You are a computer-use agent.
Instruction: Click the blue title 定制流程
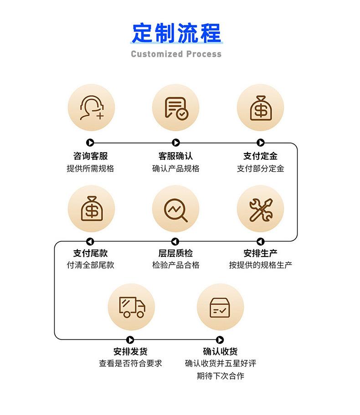click(176, 33)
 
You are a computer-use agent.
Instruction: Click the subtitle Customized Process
click(176, 54)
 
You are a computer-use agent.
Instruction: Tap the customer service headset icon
click(91, 108)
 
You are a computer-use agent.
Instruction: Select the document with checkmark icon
click(175, 108)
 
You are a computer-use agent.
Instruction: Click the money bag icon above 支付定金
click(260, 108)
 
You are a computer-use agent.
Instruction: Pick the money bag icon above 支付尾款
click(91, 209)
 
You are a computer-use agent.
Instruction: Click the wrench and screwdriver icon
click(260, 209)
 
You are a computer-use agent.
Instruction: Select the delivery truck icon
click(131, 307)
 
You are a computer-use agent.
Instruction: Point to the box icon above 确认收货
click(220, 307)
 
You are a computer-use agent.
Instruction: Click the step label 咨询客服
click(90, 156)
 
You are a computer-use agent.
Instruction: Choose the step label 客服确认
click(175, 156)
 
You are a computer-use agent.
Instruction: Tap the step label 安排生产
click(260, 253)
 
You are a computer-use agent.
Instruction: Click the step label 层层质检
click(175, 253)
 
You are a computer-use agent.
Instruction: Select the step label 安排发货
click(130, 352)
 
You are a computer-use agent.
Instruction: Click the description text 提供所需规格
click(90, 169)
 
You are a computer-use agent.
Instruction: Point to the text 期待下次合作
click(220, 376)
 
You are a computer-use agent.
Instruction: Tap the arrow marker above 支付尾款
click(90, 241)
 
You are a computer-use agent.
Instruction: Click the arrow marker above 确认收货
click(220, 340)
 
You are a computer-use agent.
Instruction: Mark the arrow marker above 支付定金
click(261, 143)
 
